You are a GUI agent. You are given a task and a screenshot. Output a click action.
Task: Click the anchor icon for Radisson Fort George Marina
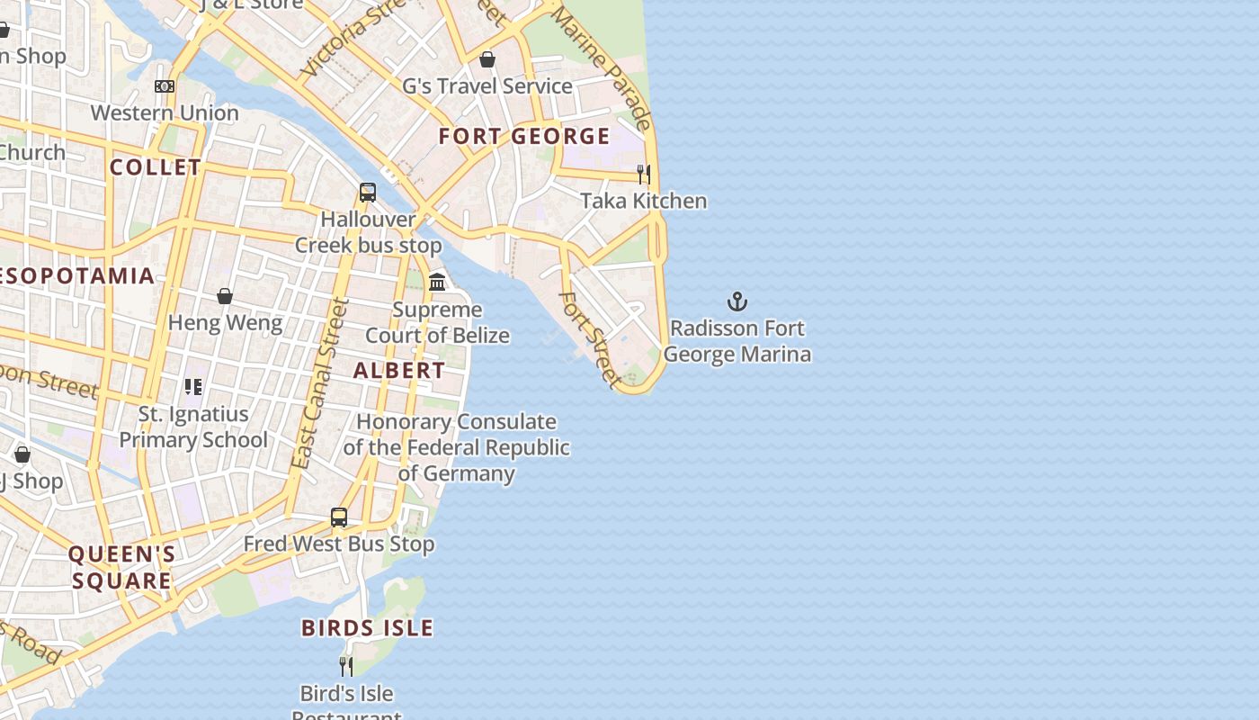pyautogui.click(x=737, y=301)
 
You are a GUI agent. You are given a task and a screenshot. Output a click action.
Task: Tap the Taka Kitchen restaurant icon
pyautogui.click(x=644, y=174)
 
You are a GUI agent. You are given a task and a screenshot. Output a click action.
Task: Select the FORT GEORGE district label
pyautogui.click(x=524, y=137)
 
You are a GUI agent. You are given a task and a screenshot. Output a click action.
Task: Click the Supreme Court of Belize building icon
pyautogui.click(x=438, y=282)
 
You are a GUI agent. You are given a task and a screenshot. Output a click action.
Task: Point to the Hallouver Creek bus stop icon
pyautogui.click(x=368, y=192)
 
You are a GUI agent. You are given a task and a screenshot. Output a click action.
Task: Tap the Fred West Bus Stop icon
pyautogui.click(x=339, y=517)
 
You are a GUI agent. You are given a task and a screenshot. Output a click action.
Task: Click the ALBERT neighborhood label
pyautogui.click(x=398, y=370)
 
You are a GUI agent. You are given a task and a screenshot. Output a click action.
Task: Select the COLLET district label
pyautogui.click(x=156, y=167)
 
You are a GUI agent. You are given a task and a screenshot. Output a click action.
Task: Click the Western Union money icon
pyautogui.click(x=165, y=86)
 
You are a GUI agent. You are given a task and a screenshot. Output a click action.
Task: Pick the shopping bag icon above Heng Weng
pyautogui.click(x=225, y=296)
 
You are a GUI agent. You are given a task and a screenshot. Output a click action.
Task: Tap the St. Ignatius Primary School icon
pyautogui.click(x=193, y=387)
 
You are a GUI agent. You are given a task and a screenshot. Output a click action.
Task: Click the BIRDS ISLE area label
pyautogui.click(x=367, y=628)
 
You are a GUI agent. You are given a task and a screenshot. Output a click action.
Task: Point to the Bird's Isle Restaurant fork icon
pyautogui.click(x=345, y=666)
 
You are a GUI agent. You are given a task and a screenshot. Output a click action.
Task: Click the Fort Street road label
pyautogui.click(x=591, y=339)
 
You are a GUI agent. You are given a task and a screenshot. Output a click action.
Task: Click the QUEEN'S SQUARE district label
pyautogui.click(x=121, y=567)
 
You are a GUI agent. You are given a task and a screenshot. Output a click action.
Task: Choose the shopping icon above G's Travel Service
pyautogui.click(x=487, y=59)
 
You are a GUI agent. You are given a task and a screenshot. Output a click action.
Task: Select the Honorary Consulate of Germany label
pyautogui.click(x=456, y=447)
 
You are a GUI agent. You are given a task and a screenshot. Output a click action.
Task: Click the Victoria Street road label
pyautogui.click(x=354, y=38)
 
